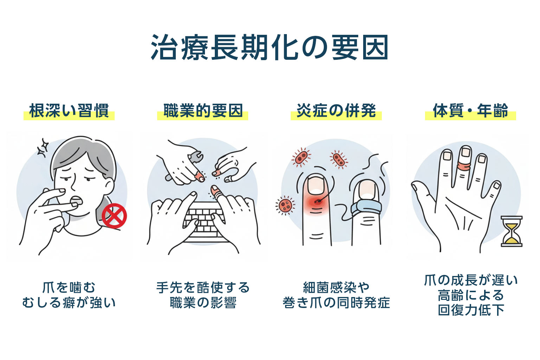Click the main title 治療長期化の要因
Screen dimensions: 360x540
point(270,47)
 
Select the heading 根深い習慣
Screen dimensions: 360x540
point(69,111)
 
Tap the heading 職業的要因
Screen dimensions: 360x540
point(203,111)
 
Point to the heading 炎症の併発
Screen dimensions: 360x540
point(336,111)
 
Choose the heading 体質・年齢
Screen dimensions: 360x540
point(470,111)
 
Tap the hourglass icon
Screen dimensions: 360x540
point(511,231)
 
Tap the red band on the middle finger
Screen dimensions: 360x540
point(465,165)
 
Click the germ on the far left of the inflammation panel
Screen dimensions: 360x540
point(285,205)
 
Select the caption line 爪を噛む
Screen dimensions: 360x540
point(69,288)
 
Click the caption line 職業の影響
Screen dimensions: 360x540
point(203,303)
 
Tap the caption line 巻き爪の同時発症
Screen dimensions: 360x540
point(336,303)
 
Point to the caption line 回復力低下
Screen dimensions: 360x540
point(470,310)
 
